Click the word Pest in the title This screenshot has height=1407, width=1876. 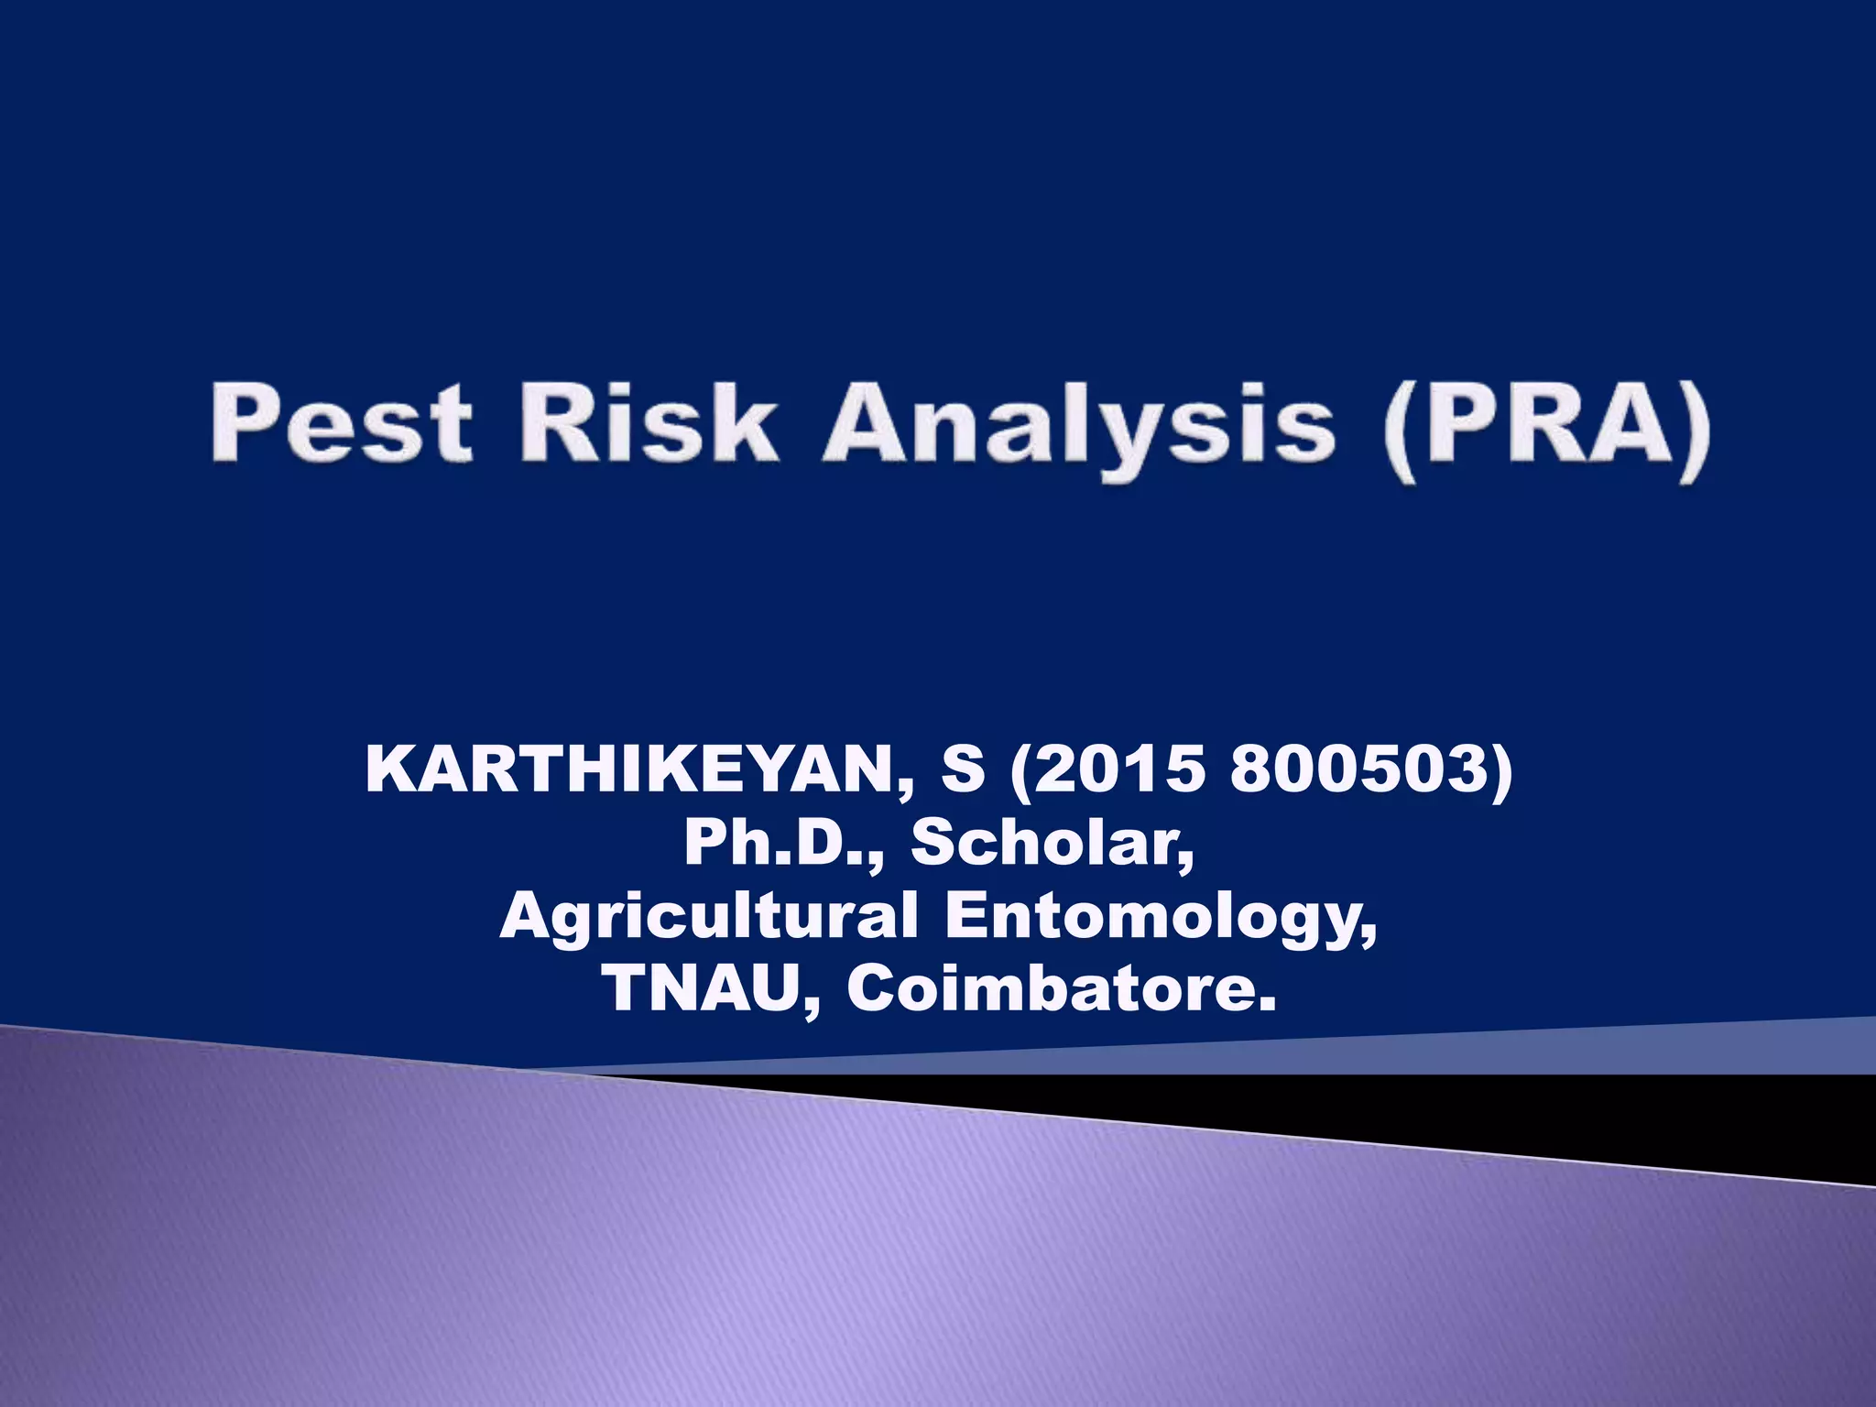click(x=342, y=423)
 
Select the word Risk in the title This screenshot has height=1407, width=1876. click(x=649, y=423)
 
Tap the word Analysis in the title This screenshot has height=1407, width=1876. click(x=1078, y=427)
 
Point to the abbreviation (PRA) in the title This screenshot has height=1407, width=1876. click(x=1546, y=427)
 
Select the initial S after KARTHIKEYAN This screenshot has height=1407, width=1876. click(x=962, y=769)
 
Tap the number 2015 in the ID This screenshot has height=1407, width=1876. click(x=1117, y=769)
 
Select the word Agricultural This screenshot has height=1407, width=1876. click(x=708, y=916)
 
